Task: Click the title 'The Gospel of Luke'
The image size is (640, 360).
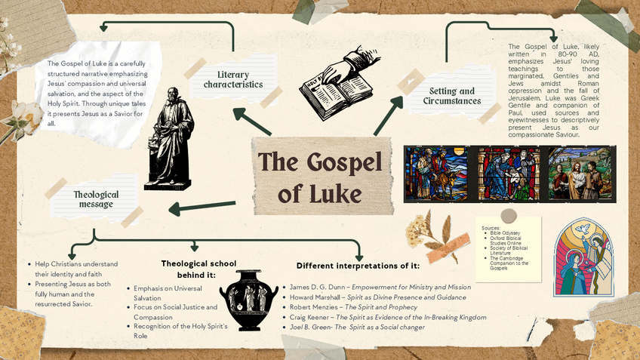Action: point(320,177)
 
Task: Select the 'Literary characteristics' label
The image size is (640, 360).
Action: point(232,79)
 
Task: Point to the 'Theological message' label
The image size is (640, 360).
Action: point(96,199)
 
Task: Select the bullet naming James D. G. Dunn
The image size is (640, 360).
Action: point(382,287)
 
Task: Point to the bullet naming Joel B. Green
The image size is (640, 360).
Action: point(375,329)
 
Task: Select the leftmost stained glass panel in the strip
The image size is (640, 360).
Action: point(435,174)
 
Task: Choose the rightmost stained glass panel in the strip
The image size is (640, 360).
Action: point(580,174)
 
